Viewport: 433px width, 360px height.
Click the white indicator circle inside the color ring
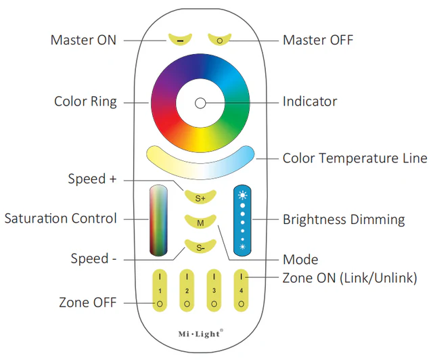click(x=200, y=103)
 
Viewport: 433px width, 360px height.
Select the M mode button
click(x=200, y=222)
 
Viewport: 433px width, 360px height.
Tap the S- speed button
click(x=200, y=248)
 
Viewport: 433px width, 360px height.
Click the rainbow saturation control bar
click(x=158, y=219)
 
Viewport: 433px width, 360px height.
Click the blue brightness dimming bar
click(x=243, y=219)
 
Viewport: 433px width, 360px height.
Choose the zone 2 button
click(x=186, y=290)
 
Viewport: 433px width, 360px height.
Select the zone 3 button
click(x=214, y=290)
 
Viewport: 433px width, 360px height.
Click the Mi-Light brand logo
click(x=200, y=333)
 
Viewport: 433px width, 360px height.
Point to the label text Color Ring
click(x=85, y=102)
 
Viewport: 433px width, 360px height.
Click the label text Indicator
click(x=309, y=102)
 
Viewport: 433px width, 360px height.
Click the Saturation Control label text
click(x=60, y=219)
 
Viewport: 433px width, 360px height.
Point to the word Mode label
click(x=300, y=259)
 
